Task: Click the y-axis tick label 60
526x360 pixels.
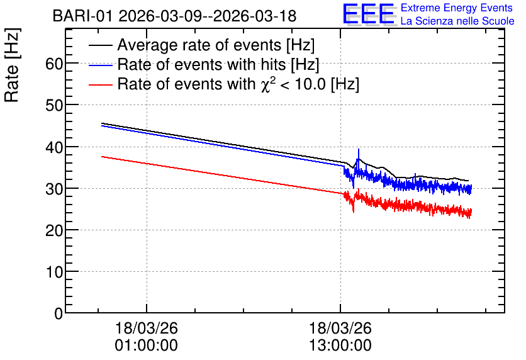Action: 54,64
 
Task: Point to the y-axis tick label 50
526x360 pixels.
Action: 54,105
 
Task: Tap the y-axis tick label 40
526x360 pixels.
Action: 54,147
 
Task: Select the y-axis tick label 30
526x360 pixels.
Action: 54,189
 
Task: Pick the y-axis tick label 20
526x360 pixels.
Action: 54,230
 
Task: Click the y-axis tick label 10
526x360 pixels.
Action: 54,272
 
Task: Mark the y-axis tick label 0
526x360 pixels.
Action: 59,313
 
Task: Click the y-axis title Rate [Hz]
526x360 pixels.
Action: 13,65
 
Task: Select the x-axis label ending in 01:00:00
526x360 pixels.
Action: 146,337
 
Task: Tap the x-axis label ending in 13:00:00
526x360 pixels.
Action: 340,337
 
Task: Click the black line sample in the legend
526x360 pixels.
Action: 100,45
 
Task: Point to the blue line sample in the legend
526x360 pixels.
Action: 100,65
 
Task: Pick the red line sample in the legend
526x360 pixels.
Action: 100,84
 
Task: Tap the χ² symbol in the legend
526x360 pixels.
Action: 266,84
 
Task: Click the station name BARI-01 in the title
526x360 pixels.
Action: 82,16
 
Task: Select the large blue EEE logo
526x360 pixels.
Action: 368,14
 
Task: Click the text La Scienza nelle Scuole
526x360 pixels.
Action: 457,21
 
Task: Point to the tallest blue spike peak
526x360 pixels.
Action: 358,149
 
